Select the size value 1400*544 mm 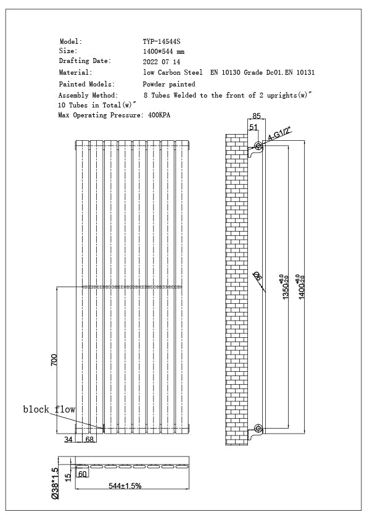[x=163, y=52]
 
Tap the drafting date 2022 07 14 [x=162, y=62]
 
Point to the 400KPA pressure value [x=159, y=115]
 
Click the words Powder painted [x=169, y=84]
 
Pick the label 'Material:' [x=76, y=73]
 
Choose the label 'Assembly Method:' [x=88, y=95]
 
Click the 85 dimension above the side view [x=257, y=115]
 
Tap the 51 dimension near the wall [x=254, y=128]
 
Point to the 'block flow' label [x=49, y=409]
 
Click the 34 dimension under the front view [x=68, y=440]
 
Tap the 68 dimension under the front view [x=89, y=440]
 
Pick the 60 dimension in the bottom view [x=82, y=474]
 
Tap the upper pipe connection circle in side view [x=258, y=146]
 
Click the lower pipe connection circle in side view [x=258, y=428]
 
